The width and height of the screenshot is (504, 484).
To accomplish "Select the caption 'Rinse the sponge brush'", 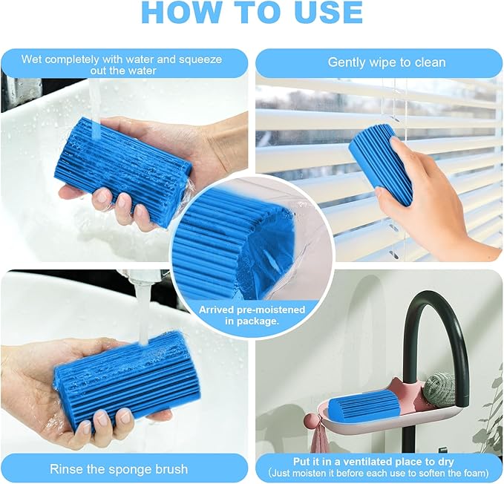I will pyautogui.click(x=119, y=468).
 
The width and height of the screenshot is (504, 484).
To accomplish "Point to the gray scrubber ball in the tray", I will pyautogui.click(x=439, y=387).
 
